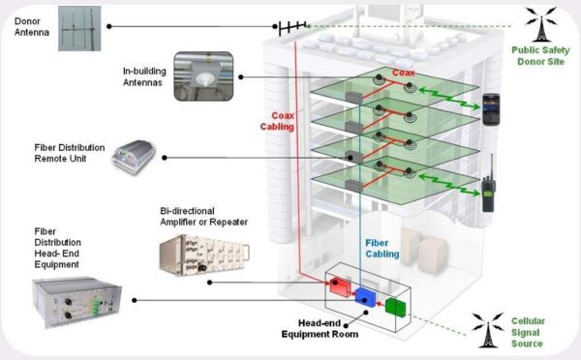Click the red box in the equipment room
click(342, 285)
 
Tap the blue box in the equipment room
click(366, 297)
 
